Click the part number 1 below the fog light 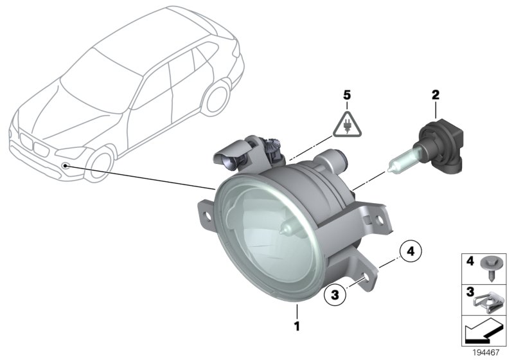297,327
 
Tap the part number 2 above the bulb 436,95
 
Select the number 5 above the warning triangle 347,95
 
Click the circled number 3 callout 334,296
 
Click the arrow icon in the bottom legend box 486,331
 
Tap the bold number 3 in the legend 470,293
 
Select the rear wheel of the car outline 218,97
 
